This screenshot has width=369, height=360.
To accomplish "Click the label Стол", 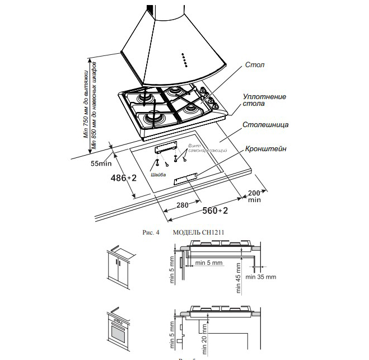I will (x=255, y=66).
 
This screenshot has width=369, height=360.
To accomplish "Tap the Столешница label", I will (x=265, y=125).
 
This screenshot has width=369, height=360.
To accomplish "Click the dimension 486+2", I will (x=124, y=177).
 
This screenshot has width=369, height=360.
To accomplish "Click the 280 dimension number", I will (x=182, y=205).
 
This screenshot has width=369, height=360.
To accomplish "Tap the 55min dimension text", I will (x=101, y=163).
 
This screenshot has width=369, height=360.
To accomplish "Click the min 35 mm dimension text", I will (x=261, y=277).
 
